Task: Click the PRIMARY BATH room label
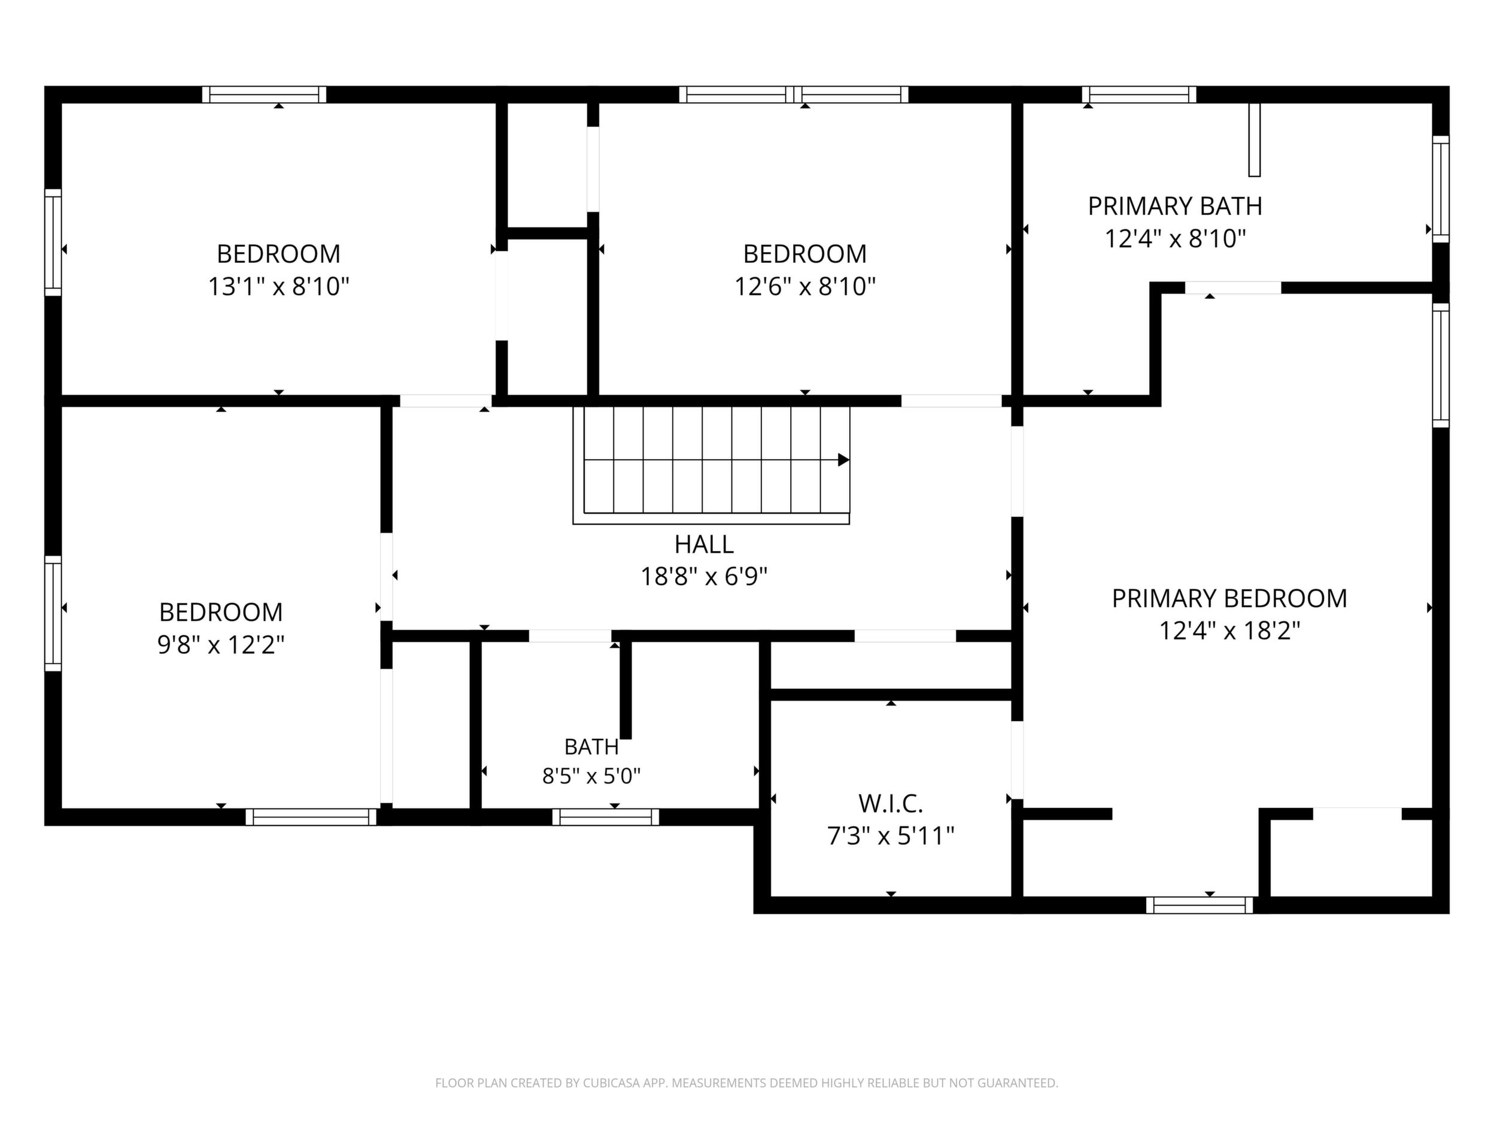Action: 1174,206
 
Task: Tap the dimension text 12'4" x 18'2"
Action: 1229,631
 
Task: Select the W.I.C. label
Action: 891,804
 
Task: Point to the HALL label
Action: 704,544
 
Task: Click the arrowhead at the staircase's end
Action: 843,460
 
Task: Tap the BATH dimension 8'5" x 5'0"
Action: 591,775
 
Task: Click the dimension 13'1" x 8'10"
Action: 278,287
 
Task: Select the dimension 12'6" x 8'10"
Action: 805,287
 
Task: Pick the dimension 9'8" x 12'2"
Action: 221,646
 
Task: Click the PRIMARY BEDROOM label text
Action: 1229,599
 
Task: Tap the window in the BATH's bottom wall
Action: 606,817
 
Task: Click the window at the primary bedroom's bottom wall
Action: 1200,905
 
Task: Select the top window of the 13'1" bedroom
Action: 264,95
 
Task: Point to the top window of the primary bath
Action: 1140,95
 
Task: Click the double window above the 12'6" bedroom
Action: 794,95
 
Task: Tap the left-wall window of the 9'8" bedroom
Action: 53,614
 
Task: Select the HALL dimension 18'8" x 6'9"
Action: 704,577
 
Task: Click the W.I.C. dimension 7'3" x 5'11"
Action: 891,837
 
